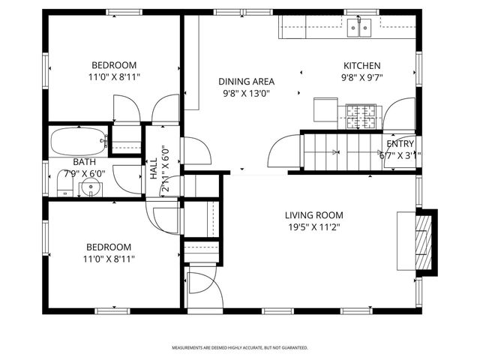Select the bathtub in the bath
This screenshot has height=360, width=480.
click(79, 141)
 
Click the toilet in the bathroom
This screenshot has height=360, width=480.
click(64, 182)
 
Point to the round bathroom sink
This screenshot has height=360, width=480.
click(91, 187)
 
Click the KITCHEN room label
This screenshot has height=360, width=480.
click(361, 66)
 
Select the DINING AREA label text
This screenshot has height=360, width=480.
click(246, 82)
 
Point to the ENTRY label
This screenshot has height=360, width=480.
click(399, 144)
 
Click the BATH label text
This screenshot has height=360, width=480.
click(84, 162)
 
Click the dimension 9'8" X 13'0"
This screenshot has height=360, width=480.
click(246, 94)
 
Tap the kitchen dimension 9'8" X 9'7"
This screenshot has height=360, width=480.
click(361, 78)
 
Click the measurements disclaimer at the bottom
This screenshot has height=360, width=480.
click(240, 348)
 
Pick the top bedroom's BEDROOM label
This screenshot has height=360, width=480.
click(114, 64)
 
